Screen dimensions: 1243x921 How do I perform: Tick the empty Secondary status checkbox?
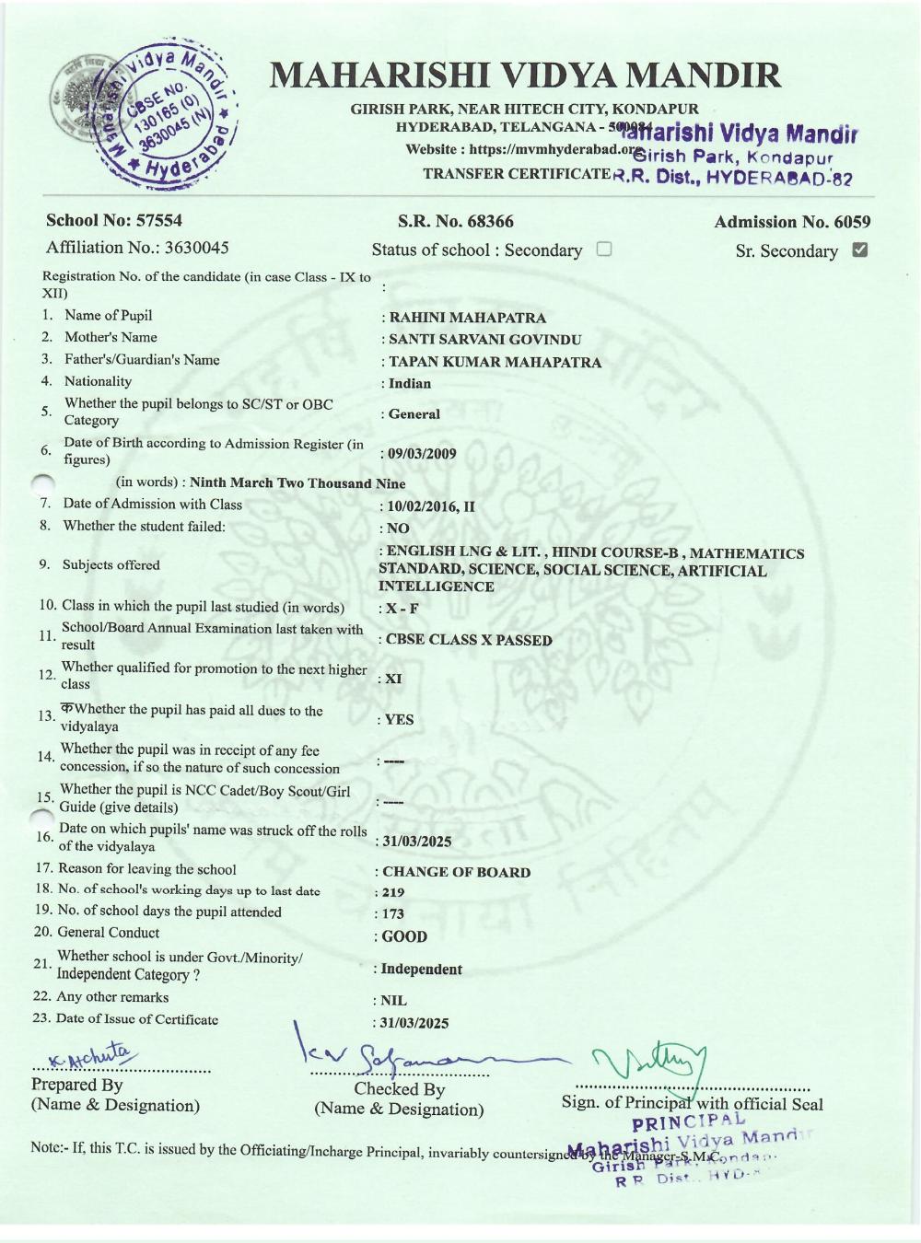pos(604,249)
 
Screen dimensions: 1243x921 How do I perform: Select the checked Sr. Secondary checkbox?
pos(860,250)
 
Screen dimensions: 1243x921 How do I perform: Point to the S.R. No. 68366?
pos(456,221)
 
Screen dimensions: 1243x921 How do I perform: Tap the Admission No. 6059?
pos(792,222)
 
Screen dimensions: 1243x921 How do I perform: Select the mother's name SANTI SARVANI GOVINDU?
pos(484,339)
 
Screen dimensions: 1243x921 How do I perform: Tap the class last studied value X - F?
pos(402,609)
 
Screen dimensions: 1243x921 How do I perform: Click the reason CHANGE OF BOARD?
pos(456,872)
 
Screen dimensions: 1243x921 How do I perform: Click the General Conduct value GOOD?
pos(404,936)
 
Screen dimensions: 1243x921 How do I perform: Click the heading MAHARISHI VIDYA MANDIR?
pos(525,76)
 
